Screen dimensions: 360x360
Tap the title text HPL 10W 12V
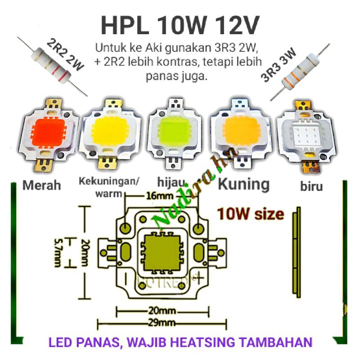click(180, 26)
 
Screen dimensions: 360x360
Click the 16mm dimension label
click(155, 196)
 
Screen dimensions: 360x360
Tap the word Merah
click(41, 185)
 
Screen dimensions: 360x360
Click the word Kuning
click(243, 184)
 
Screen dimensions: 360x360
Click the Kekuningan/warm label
click(109, 187)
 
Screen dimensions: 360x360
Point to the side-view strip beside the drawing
click(297, 254)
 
